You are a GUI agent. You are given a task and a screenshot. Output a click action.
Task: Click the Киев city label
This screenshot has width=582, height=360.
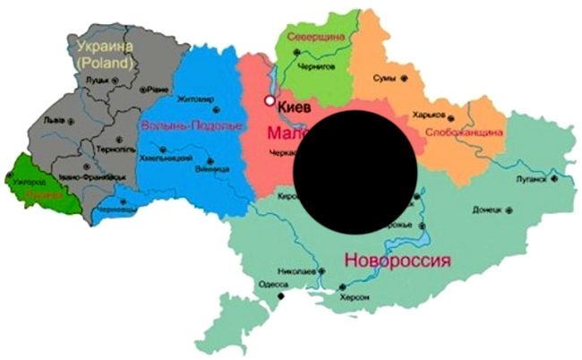click(295, 107)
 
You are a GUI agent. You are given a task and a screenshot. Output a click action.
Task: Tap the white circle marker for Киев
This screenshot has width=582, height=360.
click(268, 101)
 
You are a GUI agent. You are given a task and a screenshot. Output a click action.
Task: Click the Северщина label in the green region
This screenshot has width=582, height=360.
click(316, 37)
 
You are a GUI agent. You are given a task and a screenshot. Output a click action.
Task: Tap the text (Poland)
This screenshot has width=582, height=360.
click(105, 63)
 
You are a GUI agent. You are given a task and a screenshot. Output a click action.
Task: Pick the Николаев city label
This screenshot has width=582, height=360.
click(296, 269)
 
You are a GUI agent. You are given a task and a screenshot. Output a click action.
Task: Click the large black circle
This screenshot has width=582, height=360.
click(355, 169)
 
